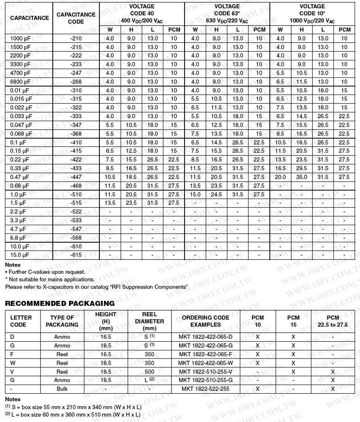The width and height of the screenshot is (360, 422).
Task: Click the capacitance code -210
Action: (76, 38)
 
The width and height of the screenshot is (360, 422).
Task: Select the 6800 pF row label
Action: (21, 82)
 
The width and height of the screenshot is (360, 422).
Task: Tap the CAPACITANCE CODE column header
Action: (76, 18)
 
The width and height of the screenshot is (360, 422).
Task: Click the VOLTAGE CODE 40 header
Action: (141, 14)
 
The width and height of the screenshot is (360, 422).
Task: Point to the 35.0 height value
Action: (302, 177)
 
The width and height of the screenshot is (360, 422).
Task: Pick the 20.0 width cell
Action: (281, 177)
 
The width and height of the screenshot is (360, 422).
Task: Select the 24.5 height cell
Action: (216, 194)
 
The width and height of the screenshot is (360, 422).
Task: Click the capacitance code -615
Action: (76, 255)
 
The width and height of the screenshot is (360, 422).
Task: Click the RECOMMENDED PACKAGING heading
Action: (60, 304)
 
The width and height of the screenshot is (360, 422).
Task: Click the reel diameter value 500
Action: (149, 372)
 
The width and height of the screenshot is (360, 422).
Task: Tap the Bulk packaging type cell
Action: (62, 388)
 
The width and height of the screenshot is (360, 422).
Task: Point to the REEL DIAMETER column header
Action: (149, 321)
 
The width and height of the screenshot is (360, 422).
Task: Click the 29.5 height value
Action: (302, 168)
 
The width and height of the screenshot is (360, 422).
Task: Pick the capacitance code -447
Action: (76, 177)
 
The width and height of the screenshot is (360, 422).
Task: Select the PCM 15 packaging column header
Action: (293, 321)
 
